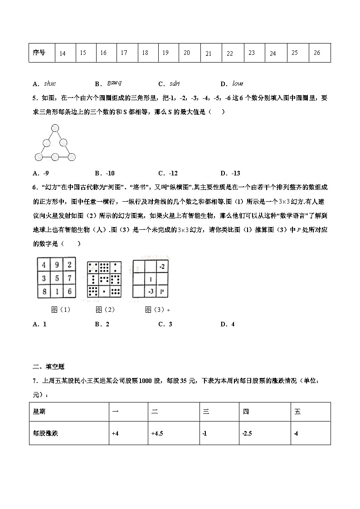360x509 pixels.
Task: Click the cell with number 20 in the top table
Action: point(186,53)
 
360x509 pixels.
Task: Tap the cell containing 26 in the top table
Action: point(316,53)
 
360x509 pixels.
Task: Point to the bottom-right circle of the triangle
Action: point(71,157)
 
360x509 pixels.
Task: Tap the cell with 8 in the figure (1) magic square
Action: point(44,291)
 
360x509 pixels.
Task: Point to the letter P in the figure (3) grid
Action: point(162,291)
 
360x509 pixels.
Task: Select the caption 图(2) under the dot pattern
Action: point(105,310)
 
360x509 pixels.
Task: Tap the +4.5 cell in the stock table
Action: point(157,433)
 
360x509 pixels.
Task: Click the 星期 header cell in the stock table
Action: point(39,412)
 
